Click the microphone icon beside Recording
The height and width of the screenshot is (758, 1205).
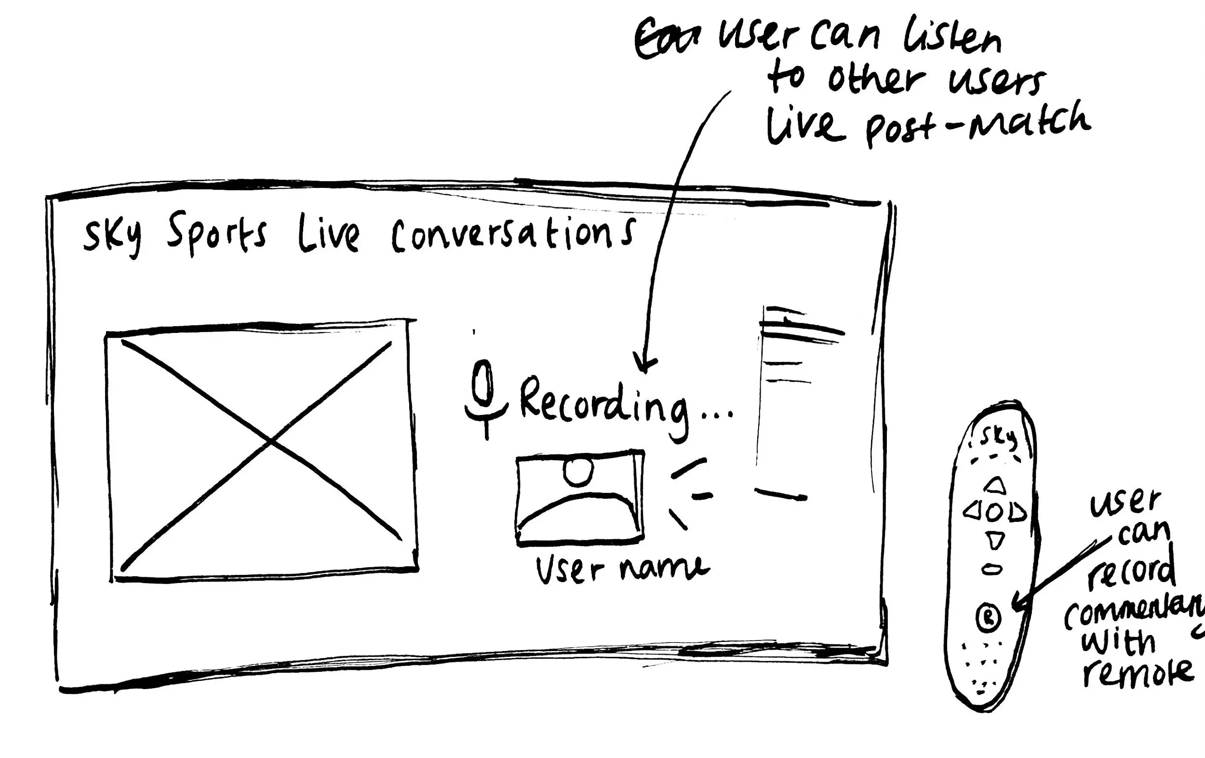484,395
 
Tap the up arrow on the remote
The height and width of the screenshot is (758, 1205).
994,485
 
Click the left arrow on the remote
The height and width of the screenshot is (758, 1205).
972,511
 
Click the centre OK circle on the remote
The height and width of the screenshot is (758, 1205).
995,512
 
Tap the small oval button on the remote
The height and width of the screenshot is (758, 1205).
992,569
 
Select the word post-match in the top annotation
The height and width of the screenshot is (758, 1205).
978,125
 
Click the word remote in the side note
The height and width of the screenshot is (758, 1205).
1138,672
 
